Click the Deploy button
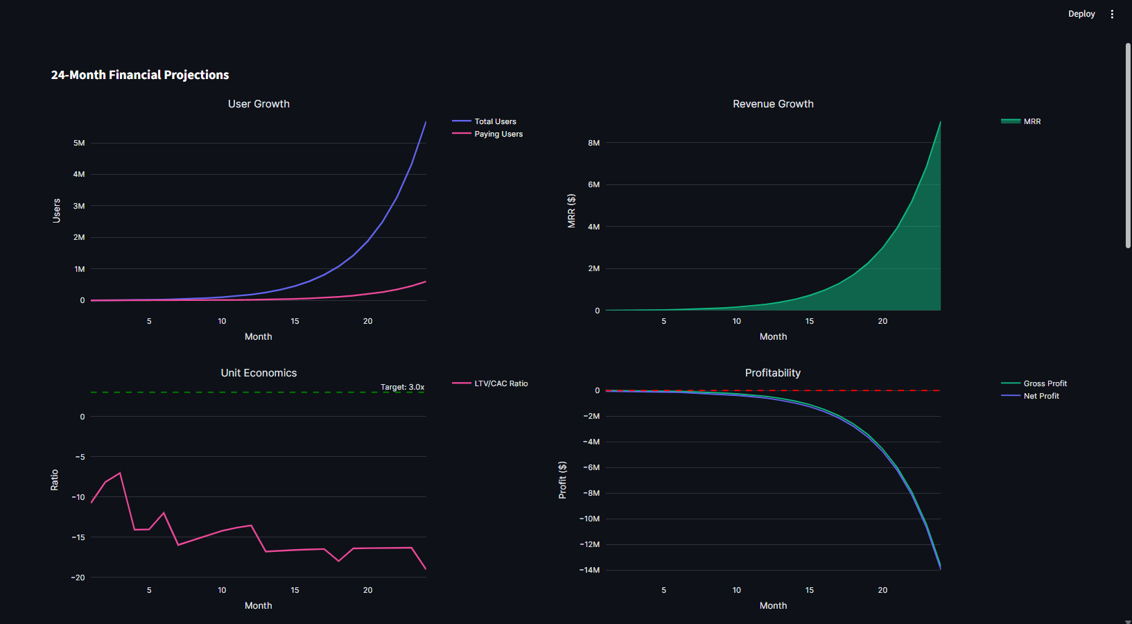coord(1081,14)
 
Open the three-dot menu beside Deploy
coord(1112,14)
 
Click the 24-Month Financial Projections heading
coord(140,75)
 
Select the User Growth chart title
coord(259,104)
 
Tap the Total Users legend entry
coord(495,121)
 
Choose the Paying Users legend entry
coord(498,134)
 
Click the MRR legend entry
coord(1031,121)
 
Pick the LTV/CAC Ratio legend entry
coord(500,383)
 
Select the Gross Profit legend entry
coord(1045,383)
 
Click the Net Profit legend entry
coord(1041,396)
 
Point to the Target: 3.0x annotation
coord(402,387)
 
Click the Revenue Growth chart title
coord(773,104)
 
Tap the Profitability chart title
coord(772,373)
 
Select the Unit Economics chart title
coord(259,373)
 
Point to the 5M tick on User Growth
coord(79,143)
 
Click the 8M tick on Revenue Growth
coord(593,143)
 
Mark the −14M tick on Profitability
coord(590,570)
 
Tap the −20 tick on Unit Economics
coord(78,578)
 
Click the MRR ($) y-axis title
coord(571,211)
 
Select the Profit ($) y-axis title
coord(563,480)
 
